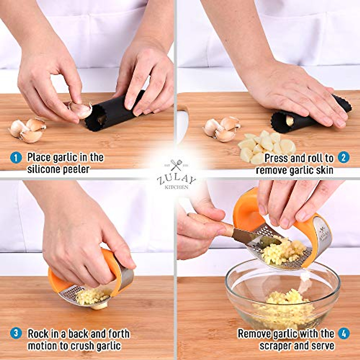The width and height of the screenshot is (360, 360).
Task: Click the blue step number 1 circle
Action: [16, 157]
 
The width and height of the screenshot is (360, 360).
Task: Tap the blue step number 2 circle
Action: [343, 157]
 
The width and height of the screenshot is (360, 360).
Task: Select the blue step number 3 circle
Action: [16, 333]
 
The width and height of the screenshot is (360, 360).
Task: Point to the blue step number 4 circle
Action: [344, 333]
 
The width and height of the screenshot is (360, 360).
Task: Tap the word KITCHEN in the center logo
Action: [177, 187]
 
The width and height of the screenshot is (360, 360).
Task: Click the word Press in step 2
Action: [275, 158]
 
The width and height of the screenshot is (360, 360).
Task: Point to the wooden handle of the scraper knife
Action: [210, 223]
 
